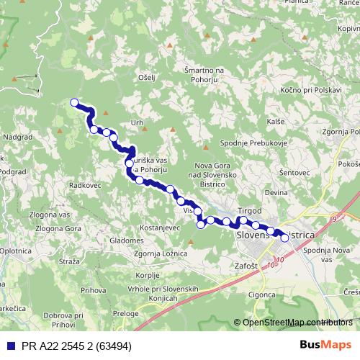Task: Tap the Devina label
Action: pos(276,193)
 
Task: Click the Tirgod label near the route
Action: pos(249,210)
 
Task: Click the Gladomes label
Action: pos(127,240)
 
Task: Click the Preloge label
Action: pos(125,313)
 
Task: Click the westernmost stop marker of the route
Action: pos(74,103)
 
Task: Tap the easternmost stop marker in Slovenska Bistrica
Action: pos(284,237)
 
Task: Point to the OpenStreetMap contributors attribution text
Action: pos(298,323)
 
